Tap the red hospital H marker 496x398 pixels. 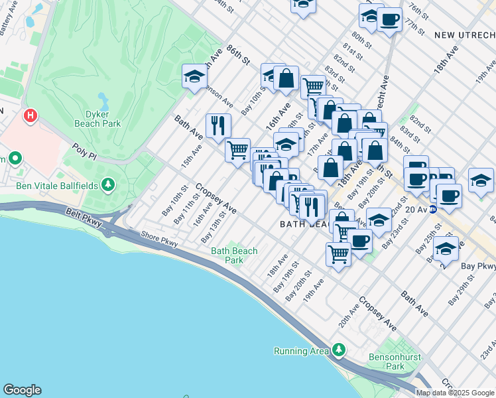(x=30, y=117)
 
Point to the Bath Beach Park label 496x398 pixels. (x=234, y=255)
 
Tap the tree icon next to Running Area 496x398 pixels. (x=339, y=349)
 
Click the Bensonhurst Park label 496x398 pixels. (x=386, y=362)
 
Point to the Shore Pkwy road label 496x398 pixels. (x=159, y=239)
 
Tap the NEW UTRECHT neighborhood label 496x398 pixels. (x=464, y=34)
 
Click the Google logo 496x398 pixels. (x=22, y=390)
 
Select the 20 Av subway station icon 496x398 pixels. (x=434, y=209)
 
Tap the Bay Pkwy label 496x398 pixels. (x=478, y=265)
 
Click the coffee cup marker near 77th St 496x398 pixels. (x=390, y=20)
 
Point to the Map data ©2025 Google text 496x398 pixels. (x=455, y=393)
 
